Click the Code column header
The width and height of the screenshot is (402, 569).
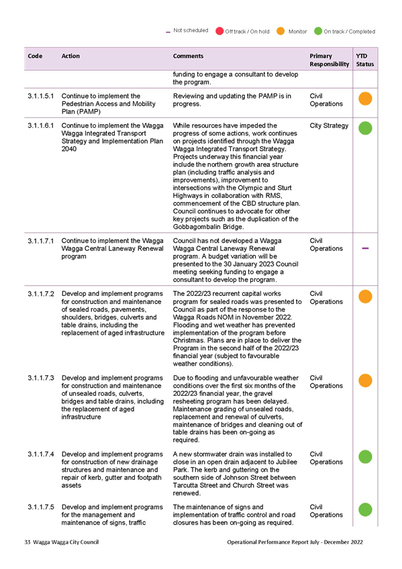(35, 56)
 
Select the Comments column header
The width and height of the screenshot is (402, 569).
(188, 56)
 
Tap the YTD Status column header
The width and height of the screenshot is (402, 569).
(364, 60)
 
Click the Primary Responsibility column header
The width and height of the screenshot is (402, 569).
(329, 60)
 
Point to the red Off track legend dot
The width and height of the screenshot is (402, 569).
(219, 32)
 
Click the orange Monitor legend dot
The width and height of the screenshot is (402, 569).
(281, 32)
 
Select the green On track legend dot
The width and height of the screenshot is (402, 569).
(318, 32)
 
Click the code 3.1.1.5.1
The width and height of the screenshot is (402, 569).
(41, 96)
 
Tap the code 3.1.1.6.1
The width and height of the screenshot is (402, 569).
(41, 125)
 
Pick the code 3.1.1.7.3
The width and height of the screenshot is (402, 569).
(41, 378)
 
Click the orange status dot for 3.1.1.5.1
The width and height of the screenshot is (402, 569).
(365, 99)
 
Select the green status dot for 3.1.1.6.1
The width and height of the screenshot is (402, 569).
(365, 128)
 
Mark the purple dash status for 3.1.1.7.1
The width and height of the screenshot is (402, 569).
(365, 248)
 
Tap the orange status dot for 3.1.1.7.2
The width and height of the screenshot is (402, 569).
(365, 297)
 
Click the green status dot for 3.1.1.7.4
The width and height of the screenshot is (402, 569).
(365, 457)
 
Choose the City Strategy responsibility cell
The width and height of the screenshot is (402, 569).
(329, 126)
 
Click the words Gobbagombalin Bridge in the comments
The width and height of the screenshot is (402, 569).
(208, 227)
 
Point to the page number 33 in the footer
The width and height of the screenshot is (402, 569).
(28, 542)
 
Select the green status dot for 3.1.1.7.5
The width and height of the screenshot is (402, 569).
(365, 510)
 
